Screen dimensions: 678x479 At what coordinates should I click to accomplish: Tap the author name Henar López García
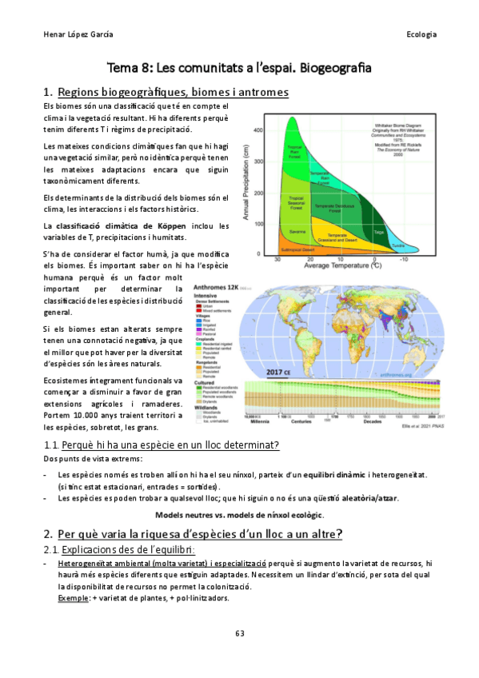(x=78, y=34)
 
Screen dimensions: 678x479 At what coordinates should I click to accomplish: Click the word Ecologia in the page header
(x=421, y=34)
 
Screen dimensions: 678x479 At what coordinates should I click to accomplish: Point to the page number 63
(x=239, y=633)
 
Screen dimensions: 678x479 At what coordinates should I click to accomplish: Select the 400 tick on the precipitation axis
(x=258, y=130)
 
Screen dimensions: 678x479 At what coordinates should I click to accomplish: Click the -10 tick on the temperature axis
(x=404, y=260)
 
